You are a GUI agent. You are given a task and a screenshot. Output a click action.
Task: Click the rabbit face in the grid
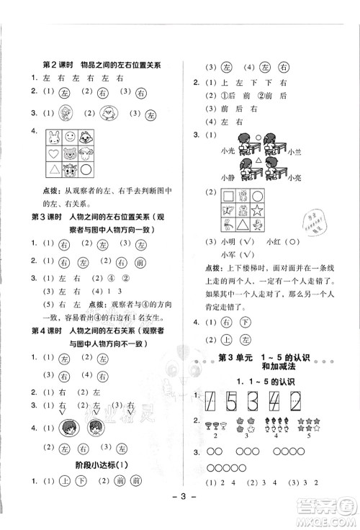click(55, 137)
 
